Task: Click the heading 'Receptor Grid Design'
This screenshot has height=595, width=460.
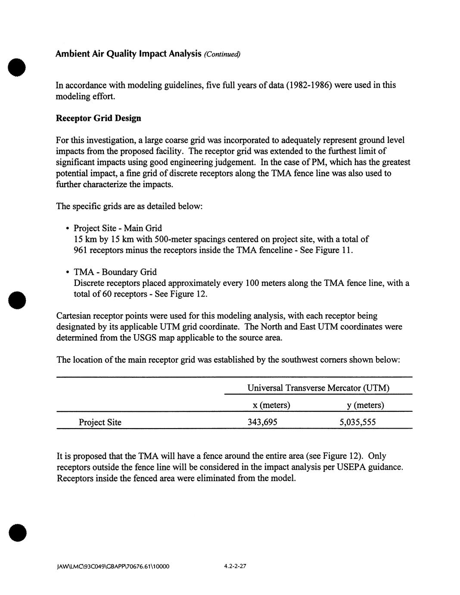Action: (x=98, y=118)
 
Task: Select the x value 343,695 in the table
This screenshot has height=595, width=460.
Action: (x=262, y=422)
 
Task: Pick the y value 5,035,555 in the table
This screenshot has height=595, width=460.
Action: (x=357, y=422)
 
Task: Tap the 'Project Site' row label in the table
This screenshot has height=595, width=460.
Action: (x=100, y=422)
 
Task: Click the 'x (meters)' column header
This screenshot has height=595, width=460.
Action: (x=271, y=405)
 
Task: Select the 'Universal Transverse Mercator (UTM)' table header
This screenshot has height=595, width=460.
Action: (x=318, y=388)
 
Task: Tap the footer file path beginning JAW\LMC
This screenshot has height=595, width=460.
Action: (x=113, y=566)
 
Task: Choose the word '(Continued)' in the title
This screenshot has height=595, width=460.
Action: (x=222, y=54)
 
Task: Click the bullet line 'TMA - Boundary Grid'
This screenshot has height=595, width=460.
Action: (x=115, y=272)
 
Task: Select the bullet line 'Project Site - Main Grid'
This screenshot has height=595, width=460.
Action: (x=118, y=228)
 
